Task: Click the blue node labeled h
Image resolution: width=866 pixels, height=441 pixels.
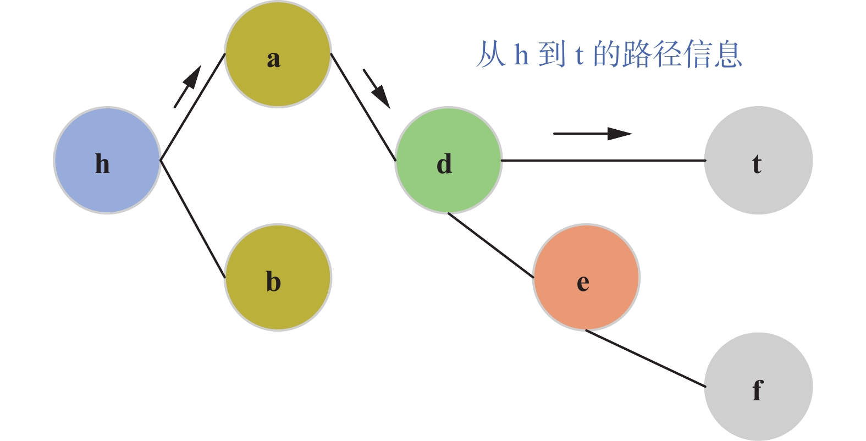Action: coord(107,160)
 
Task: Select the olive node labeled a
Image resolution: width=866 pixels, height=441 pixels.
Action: coord(278,54)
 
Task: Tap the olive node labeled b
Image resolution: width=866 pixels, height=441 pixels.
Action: coord(278,277)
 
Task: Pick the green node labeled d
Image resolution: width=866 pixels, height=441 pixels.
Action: coord(448,160)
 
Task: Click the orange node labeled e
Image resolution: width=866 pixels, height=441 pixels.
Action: coord(586,277)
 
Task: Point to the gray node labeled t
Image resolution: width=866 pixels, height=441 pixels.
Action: coord(758,160)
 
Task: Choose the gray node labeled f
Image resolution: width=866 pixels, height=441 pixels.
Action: coord(758,387)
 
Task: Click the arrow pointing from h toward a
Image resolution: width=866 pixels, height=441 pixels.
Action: coord(187,86)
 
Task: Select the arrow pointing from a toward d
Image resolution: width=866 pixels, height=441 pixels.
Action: coord(377,89)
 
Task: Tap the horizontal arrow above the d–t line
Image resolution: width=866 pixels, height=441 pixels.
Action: coord(593,133)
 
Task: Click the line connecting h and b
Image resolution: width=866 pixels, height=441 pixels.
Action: coord(192,219)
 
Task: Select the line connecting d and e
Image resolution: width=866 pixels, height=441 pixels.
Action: coord(490,245)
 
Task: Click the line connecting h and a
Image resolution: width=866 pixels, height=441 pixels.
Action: coord(192,107)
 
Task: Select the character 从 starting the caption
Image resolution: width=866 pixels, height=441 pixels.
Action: coord(490,54)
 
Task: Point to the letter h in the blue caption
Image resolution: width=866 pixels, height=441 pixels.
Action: coord(521,54)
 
